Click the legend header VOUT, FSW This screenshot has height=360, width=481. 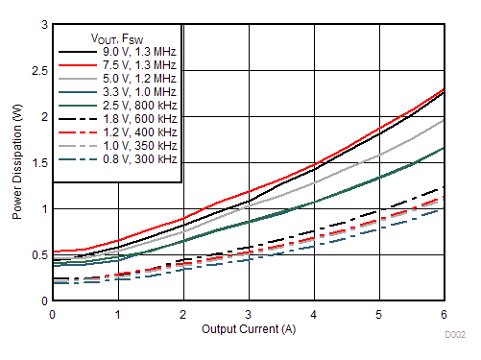(118, 36)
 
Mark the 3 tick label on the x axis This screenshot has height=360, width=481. (249, 313)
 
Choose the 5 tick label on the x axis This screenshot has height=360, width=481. (379, 313)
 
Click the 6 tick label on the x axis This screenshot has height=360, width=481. (444, 313)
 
